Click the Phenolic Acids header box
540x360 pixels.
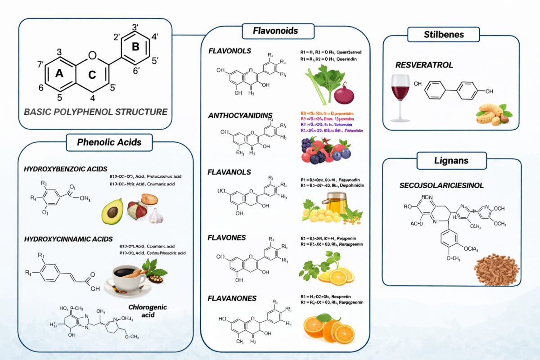(109, 142)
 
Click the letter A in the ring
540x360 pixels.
(59, 74)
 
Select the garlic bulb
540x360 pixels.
(156, 216)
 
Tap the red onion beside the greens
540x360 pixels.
(345, 94)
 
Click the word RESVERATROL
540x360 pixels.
(424, 65)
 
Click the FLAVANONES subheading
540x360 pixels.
(232, 298)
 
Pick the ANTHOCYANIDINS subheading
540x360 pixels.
(240, 115)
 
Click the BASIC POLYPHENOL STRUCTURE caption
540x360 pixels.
(95, 112)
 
